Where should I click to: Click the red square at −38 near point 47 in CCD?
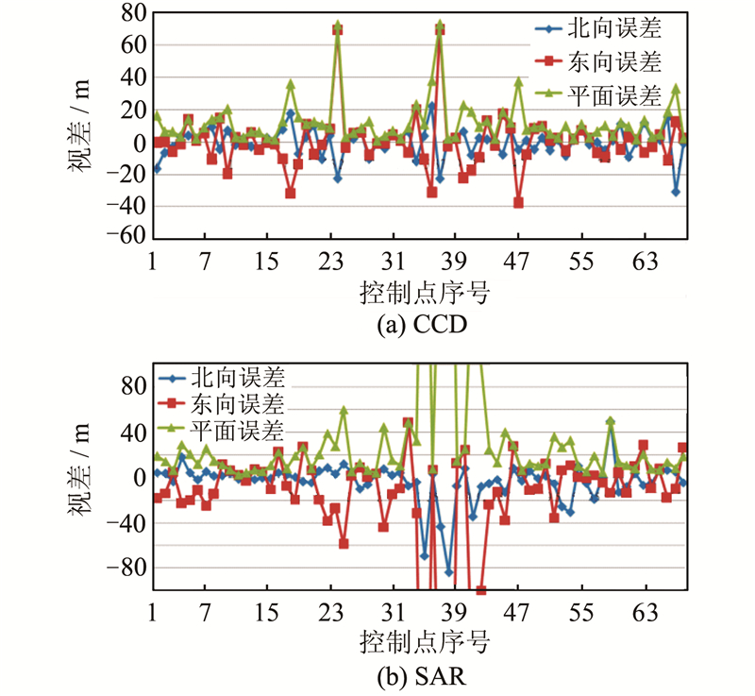coord(518,203)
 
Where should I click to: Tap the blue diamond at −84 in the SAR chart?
coord(449,572)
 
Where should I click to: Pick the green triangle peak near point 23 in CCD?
coord(337,25)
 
